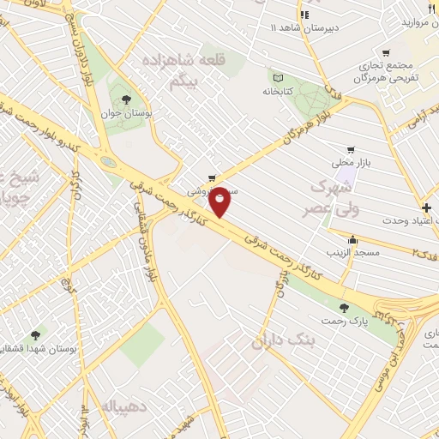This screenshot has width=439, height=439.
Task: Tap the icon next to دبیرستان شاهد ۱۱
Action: pos(303,15)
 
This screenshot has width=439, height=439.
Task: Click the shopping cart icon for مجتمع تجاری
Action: pos(385,52)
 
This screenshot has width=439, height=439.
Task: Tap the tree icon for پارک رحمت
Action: pos(343,308)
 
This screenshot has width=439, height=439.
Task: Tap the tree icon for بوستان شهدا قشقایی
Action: pos(35,335)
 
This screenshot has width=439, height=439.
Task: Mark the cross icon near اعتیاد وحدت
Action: pos(427,207)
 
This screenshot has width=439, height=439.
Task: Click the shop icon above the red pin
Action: pos(211,178)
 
